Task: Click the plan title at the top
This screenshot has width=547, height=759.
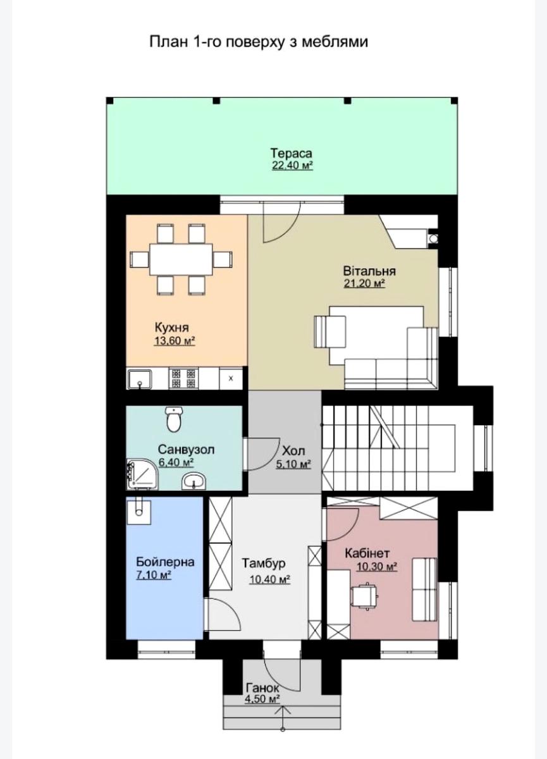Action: (258, 42)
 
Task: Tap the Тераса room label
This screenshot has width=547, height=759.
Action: (292, 154)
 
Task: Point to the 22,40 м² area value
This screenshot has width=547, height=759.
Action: (292, 166)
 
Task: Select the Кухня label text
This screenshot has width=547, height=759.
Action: (172, 328)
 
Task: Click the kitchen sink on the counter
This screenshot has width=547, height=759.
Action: (140, 379)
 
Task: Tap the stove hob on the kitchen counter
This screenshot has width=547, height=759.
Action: (184, 379)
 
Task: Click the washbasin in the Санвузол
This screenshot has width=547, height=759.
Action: (192, 482)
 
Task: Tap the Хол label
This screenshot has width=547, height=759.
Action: (293, 452)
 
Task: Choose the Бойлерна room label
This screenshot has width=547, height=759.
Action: (165, 562)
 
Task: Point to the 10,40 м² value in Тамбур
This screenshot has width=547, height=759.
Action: (269, 579)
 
